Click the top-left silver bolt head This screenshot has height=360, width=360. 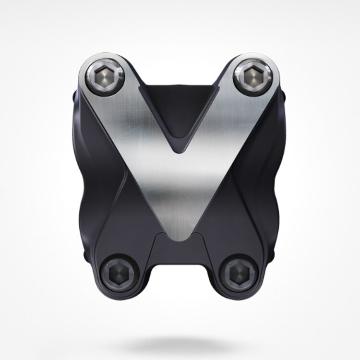[106, 75]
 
